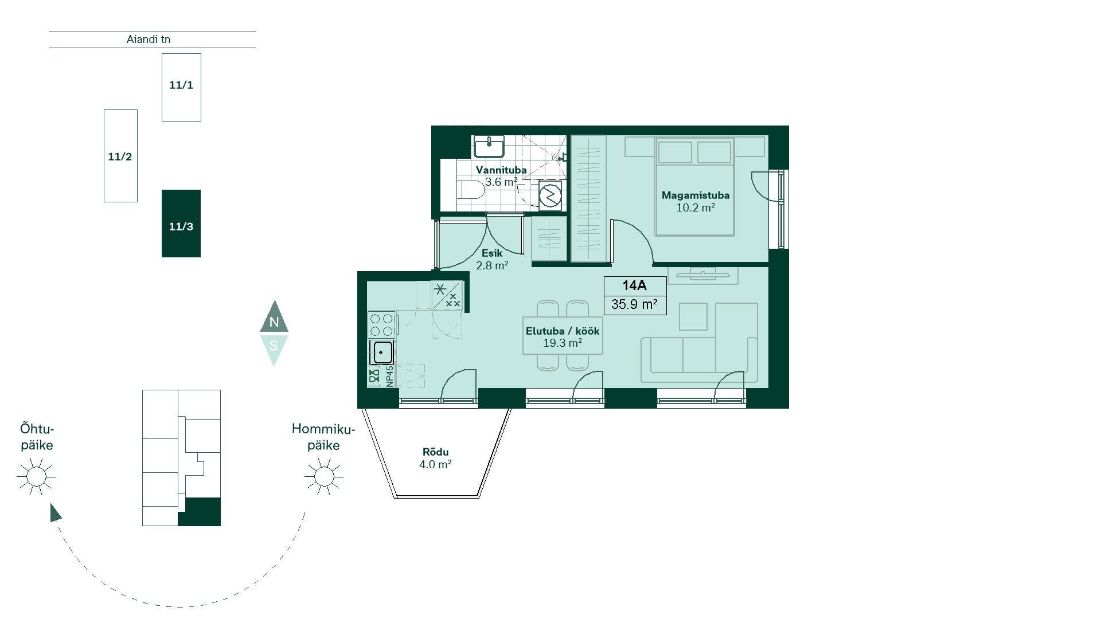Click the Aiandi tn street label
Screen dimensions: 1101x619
tap(149, 40)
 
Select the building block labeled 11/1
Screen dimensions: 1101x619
tap(181, 87)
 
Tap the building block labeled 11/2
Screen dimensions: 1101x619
tap(120, 156)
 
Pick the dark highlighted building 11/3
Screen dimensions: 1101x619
tap(181, 224)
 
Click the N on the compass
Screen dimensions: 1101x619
tap(274, 322)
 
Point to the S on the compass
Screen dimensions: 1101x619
tap(274, 346)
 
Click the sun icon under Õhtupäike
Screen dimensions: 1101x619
tap(36, 476)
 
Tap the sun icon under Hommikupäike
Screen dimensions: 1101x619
tap(324, 476)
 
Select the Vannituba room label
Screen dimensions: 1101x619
tap(501, 170)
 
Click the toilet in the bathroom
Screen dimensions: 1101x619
tap(472, 190)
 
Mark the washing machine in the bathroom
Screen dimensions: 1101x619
tap(550, 195)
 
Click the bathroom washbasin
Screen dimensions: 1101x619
tap(489, 147)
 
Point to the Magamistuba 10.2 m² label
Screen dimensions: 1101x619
tap(696, 201)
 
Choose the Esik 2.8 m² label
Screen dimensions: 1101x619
tap(492, 259)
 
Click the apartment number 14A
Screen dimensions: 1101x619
tap(635, 285)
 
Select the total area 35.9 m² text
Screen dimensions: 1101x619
tap(635, 304)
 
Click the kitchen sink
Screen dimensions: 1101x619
tap(382, 352)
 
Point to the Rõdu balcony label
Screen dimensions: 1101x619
tap(435, 452)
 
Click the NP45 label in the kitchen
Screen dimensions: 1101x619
tap(389, 376)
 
